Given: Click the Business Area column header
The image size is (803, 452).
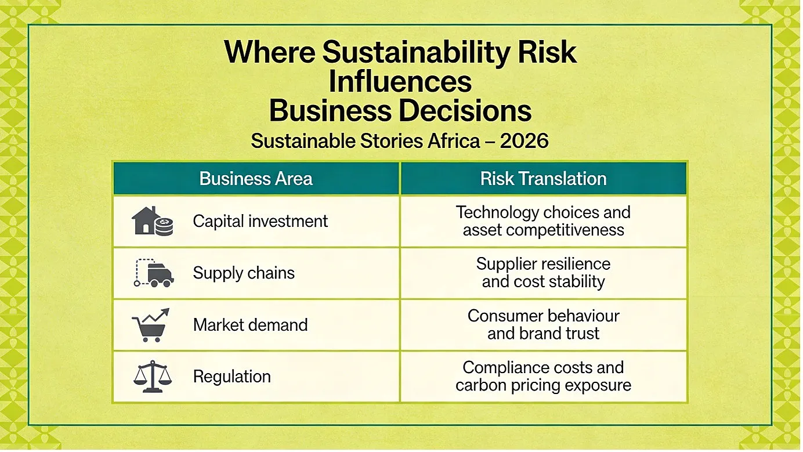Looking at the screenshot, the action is pyautogui.click(x=256, y=179).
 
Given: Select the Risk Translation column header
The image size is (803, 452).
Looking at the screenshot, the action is pyautogui.click(x=543, y=179).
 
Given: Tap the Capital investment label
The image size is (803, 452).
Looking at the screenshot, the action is pyautogui.click(x=261, y=221).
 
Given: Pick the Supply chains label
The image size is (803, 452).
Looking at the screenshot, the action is pyautogui.click(x=244, y=273).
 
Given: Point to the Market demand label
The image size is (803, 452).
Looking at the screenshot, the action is pyautogui.click(x=250, y=325).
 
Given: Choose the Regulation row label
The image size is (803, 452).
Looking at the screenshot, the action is pyautogui.click(x=232, y=377).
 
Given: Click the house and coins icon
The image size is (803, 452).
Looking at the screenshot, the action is pyautogui.click(x=153, y=221).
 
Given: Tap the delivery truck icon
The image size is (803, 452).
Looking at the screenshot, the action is pyautogui.click(x=154, y=273).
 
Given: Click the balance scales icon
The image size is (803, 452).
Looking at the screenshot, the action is pyautogui.click(x=153, y=377).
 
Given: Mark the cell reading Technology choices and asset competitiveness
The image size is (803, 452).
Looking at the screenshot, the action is pyautogui.click(x=543, y=221).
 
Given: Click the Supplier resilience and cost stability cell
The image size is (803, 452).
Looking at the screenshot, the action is pyautogui.click(x=543, y=273).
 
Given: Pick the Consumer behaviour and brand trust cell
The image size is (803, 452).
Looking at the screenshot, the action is pyautogui.click(x=543, y=324).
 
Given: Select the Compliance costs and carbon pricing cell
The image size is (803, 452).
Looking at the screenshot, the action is pyautogui.click(x=543, y=377).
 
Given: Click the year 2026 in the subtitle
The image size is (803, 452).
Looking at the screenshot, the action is pyautogui.click(x=524, y=140).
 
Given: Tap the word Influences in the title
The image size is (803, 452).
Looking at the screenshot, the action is pyautogui.click(x=400, y=82).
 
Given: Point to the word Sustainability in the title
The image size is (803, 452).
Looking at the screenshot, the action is pyautogui.click(x=416, y=53).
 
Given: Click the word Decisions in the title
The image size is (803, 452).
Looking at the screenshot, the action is pyautogui.click(x=465, y=111).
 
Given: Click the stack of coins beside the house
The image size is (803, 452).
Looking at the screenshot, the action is pyautogui.click(x=164, y=226).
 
